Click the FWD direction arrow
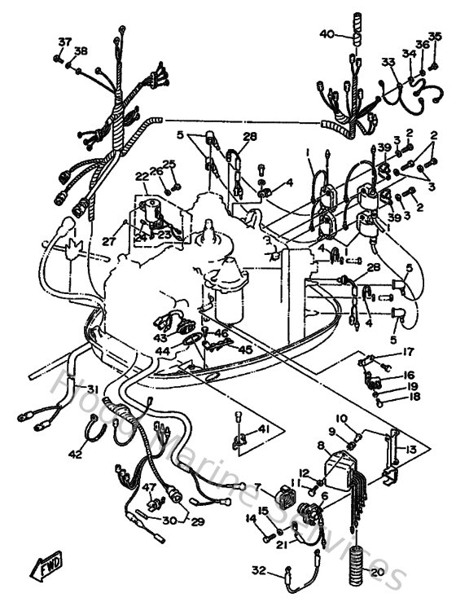[44, 563]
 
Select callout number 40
[327, 34]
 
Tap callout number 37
[64, 42]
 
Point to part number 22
[142, 176]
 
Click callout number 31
[93, 388]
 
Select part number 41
[263, 428]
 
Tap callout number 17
[409, 353]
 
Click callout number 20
[376, 572]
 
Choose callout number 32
[258, 569]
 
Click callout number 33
[388, 61]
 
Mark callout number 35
[435, 36]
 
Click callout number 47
[149, 487]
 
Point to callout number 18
[415, 398]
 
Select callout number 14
[250, 518]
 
